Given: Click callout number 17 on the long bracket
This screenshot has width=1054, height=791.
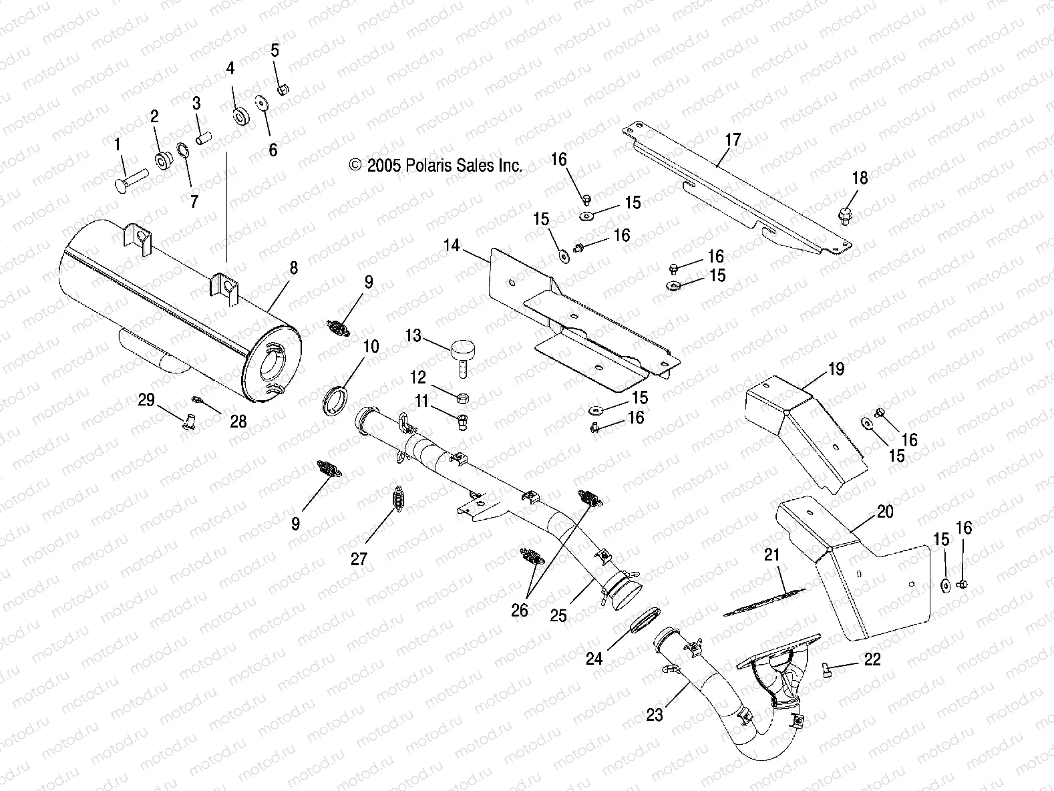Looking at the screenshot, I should pos(733,140).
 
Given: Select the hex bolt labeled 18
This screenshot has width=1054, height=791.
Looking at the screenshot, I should pos(844,213).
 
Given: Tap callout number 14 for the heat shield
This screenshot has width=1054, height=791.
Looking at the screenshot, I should pos(452,245).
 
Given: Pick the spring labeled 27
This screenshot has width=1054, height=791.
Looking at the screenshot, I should pos(399,500).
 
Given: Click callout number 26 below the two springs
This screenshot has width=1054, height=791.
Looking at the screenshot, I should pos(519,610).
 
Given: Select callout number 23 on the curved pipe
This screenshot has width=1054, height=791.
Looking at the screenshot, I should pos(655,715).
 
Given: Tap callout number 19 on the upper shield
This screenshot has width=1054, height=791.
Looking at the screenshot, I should pos(836,369).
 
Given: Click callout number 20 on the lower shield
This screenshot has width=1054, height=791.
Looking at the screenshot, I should pos(884,512).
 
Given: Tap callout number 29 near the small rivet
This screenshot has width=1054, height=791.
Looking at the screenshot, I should pos(146,400).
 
